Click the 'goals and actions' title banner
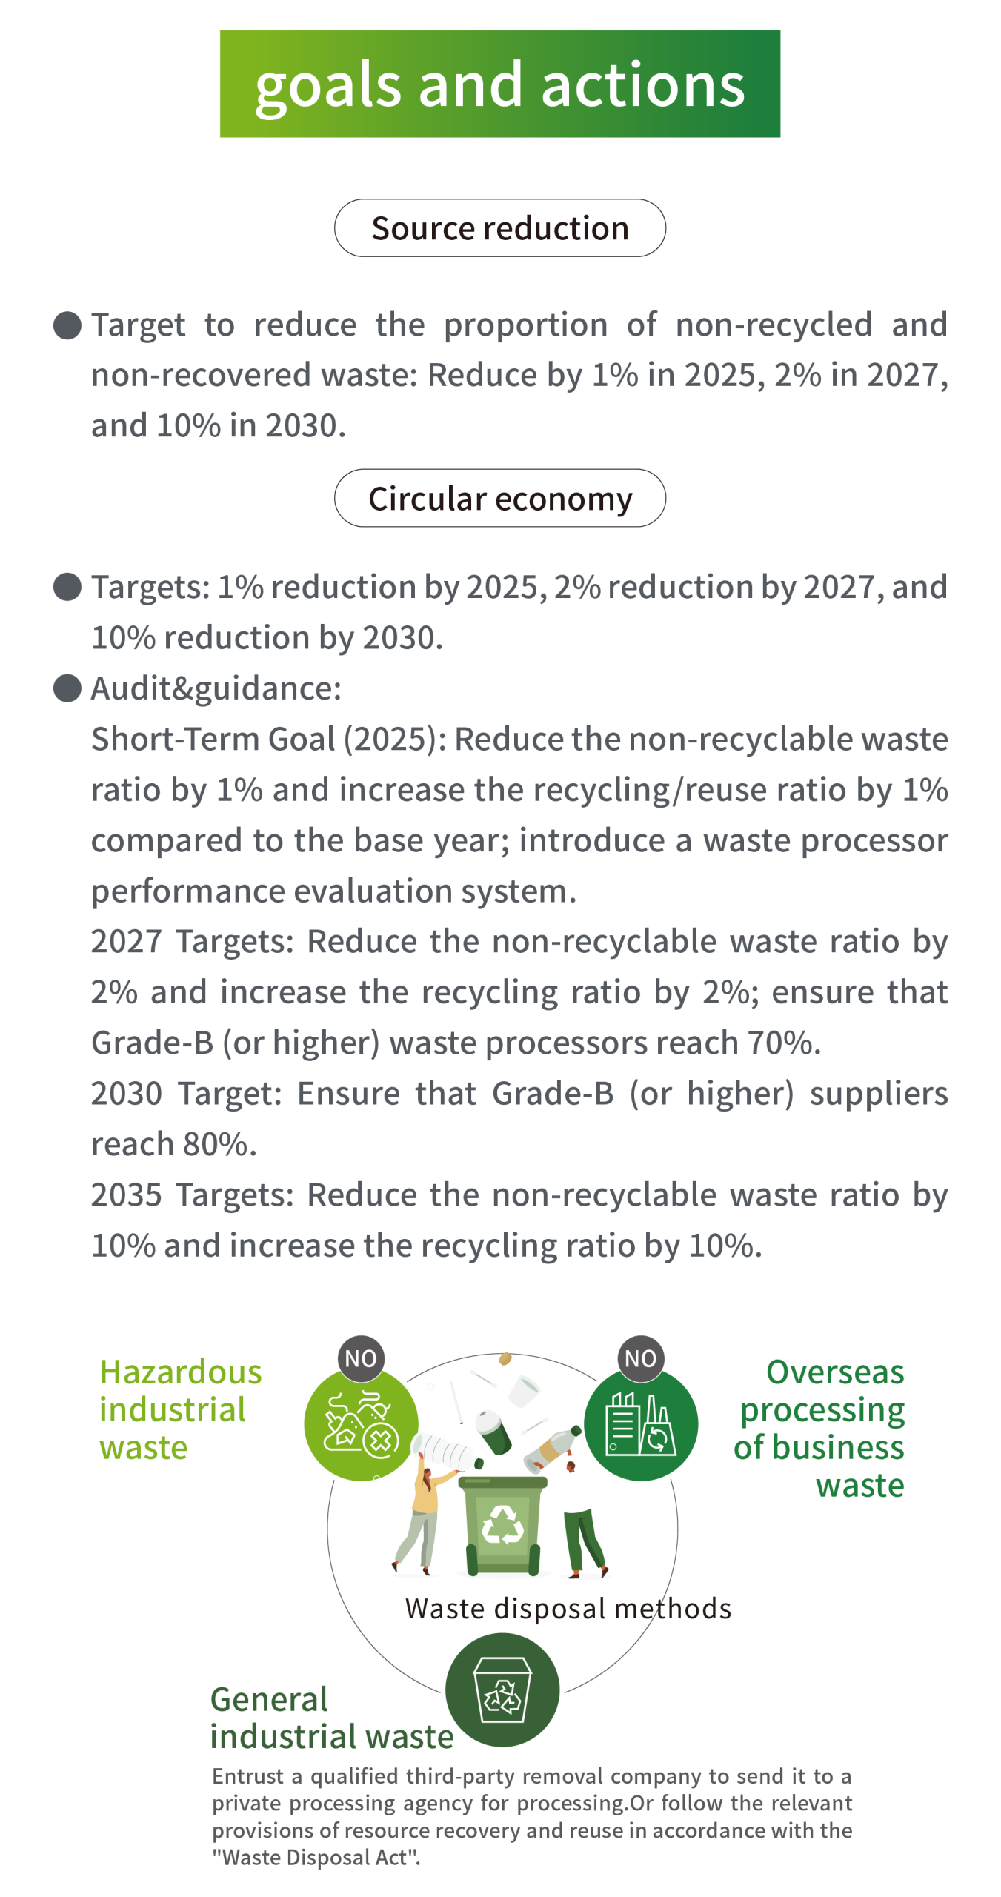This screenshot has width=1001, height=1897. coord(500,84)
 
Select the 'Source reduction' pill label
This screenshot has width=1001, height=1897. coord(500,228)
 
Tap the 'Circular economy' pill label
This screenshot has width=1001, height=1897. coord(500,498)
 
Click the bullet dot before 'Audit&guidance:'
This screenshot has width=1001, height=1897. coord(67,688)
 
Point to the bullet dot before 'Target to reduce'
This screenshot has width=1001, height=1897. coord(67,325)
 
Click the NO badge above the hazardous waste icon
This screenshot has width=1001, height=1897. coord(361,1358)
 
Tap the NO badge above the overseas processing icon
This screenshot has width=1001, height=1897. coord(641,1358)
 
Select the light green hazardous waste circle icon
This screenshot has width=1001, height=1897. coord(361,1423)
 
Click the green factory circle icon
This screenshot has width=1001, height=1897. coord(641,1423)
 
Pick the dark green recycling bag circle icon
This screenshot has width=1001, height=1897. coord(502,1690)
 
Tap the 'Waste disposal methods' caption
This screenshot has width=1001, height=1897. coord(568,1609)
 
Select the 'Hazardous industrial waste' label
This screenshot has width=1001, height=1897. coord(181,1409)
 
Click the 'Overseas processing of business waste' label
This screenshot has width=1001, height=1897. coord(819,1428)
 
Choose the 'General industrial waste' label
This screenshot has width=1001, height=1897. coord(331,1718)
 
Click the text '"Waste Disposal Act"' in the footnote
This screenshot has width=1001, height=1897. coord(316,1857)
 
